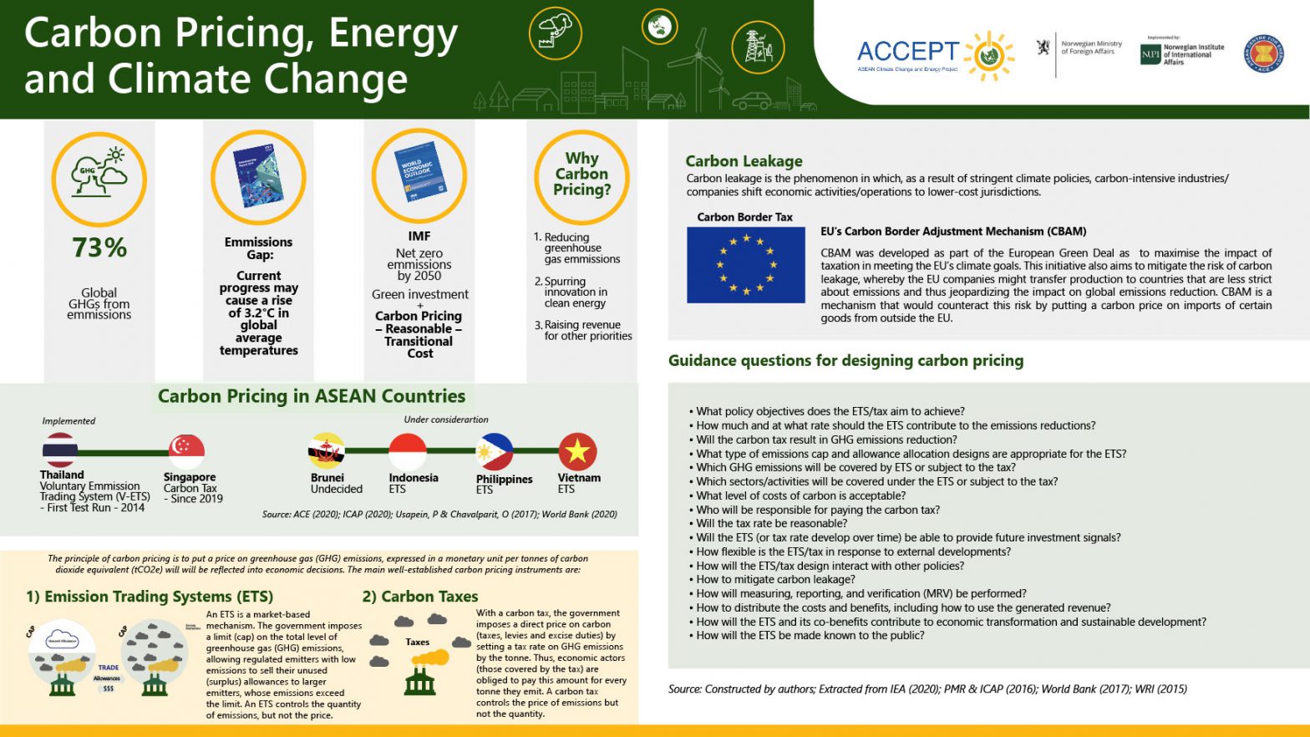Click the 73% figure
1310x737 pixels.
pos(99,247)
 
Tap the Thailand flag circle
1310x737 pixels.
pos(60,450)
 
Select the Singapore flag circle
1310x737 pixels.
pos(186,451)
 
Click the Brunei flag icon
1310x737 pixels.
pos(327,452)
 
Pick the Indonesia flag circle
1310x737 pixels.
pos(408,452)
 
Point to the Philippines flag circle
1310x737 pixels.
pos(495,452)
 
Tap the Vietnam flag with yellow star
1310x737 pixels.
pos(577,452)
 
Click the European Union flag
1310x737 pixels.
pos(745,265)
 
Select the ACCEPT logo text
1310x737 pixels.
pos(908,52)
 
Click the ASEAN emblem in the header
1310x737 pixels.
pos(1263,54)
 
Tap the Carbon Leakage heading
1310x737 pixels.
pos(744,161)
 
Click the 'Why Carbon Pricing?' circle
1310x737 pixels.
pos(581,175)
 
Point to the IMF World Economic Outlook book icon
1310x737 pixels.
pos(419,175)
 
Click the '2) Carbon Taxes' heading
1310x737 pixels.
pos(420,597)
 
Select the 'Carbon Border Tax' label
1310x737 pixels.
pos(744,217)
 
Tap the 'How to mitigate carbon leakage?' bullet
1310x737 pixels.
pos(775,580)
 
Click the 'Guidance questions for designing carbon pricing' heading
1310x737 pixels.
pos(845,361)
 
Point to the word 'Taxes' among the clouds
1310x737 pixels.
pos(418,643)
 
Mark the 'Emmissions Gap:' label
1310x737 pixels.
pos(259,248)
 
